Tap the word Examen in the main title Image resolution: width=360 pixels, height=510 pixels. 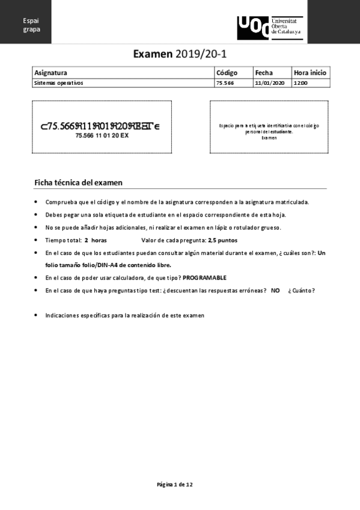point(153,54)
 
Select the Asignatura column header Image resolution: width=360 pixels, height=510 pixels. point(50,72)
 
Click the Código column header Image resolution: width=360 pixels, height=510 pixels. point(227,72)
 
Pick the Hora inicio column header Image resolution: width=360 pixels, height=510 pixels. point(310,72)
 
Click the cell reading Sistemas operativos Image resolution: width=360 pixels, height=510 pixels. point(59,83)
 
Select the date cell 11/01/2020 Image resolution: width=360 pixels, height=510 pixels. point(269,83)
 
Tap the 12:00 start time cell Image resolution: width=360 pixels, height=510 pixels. point(301,83)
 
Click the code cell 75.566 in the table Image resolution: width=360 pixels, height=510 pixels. point(225,83)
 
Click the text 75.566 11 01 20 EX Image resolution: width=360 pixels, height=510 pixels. point(102,136)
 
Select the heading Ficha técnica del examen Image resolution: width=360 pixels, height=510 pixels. point(79,182)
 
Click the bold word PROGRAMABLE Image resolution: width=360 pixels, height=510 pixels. point(204,278)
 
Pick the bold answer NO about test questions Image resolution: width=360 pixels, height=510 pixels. point(275,290)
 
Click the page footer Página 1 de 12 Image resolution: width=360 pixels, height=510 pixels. point(174,484)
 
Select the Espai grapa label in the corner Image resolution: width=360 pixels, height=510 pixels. point(31,25)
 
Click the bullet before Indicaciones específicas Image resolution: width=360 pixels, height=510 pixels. point(37,315)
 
